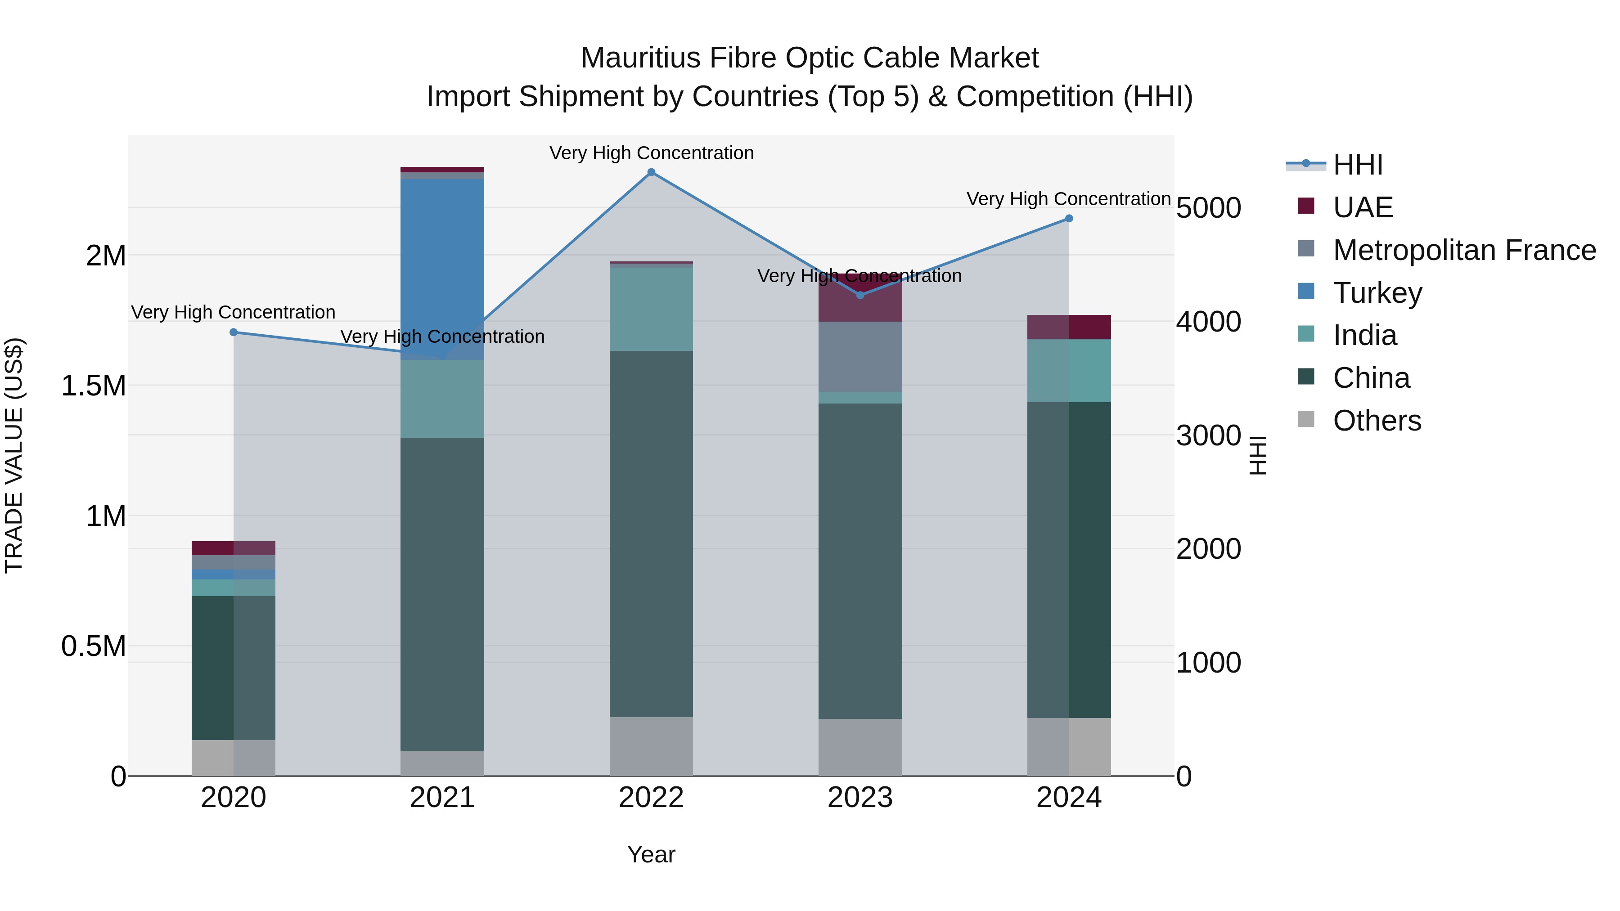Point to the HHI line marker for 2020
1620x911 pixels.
[x=233, y=332]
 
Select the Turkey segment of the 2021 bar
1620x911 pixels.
[x=442, y=264]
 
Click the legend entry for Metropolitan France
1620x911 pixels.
[x=1463, y=250]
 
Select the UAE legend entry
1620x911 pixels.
[x=1362, y=207]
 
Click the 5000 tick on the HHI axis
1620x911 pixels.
[x=1208, y=208]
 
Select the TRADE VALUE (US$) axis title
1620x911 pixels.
[x=14, y=455]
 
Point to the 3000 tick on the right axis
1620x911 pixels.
[x=1208, y=435]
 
